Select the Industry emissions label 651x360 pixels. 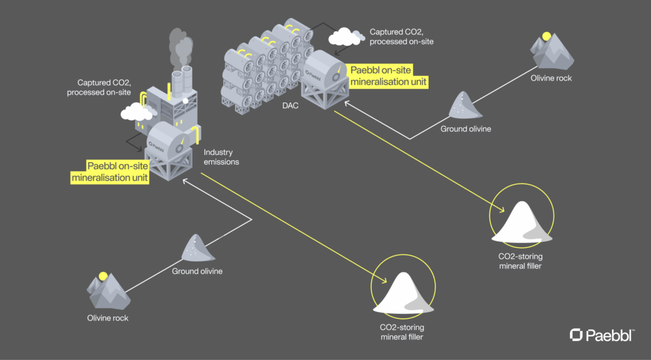point(221,157)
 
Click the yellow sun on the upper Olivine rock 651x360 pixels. point(547,36)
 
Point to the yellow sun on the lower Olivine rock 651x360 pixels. point(102,276)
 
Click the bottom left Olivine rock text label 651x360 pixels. point(108,318)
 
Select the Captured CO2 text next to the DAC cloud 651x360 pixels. point(401,36)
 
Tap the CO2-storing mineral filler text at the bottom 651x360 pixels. point(402,332)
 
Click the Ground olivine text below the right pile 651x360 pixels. point(466,128)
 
